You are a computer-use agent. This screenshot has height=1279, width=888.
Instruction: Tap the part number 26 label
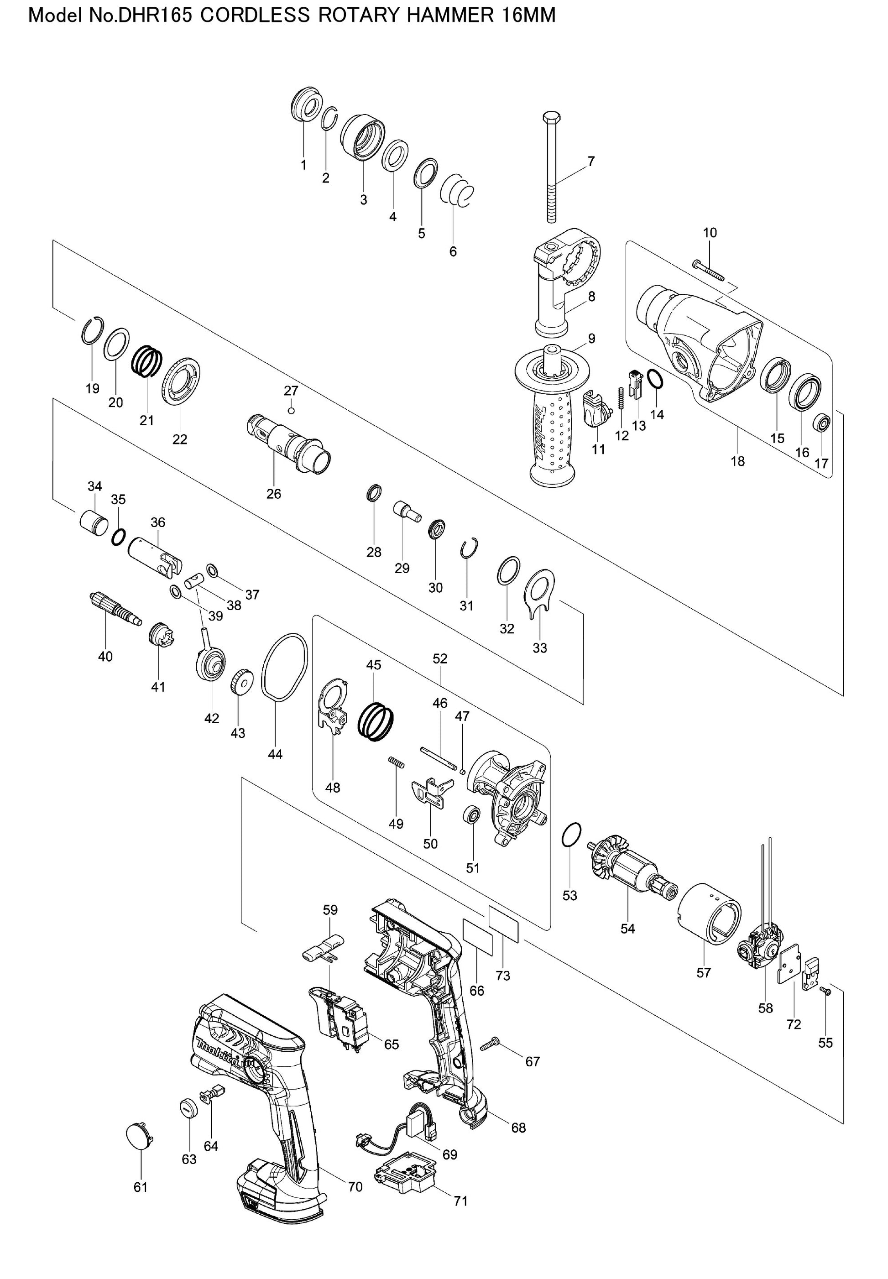pos(274,493)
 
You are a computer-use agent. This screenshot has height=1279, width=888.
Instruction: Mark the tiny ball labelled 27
pos(291,411)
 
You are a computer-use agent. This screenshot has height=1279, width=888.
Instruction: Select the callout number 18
pos(737,461)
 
